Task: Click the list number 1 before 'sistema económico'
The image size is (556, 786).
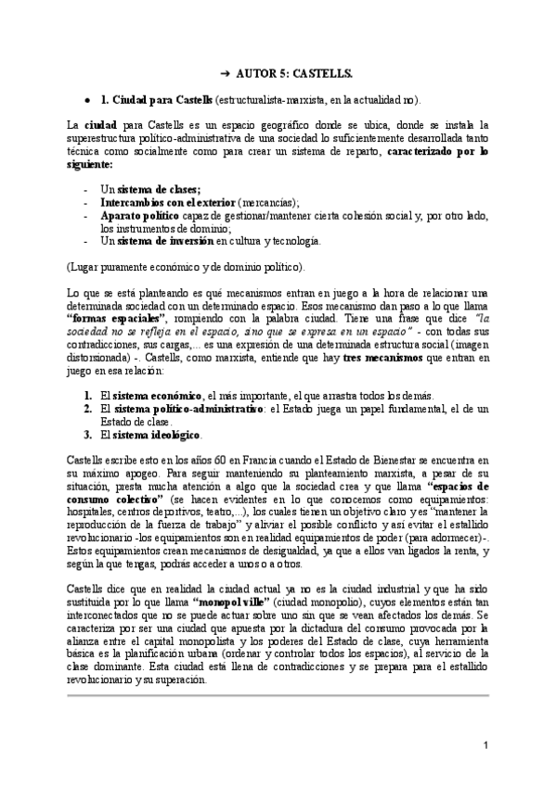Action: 88,396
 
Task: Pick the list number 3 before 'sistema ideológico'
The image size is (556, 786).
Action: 88,435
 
